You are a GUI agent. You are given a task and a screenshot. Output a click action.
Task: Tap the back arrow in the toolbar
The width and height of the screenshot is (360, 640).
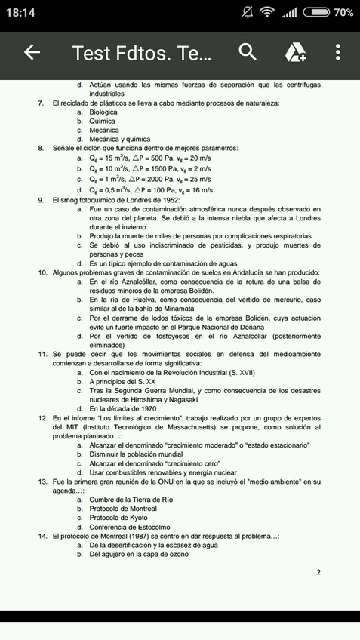pyautogui.click(x=32, y=52)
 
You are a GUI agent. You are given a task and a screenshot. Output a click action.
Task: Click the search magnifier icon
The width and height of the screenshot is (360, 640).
pyautogui.click(x=248, y=52)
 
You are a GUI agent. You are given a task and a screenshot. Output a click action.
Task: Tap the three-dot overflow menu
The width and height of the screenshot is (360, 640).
pyautogui.click(x=337, y=52)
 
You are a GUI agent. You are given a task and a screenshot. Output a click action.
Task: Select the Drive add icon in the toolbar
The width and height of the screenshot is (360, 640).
pyautogui.click(x=294, y=52)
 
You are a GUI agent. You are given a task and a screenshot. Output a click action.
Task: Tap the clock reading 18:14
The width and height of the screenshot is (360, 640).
pyautogui.click(x=23, y=13)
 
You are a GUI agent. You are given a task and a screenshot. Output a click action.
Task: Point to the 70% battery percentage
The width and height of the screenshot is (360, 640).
pyautogui.click(x=343, y=13)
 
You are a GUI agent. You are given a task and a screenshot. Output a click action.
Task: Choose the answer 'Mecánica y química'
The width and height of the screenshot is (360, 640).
pyautogui.click(x=119, y=139)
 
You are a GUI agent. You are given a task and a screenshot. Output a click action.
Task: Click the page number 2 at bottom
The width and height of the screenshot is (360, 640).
pyautogui.click(x=318, y=572)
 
